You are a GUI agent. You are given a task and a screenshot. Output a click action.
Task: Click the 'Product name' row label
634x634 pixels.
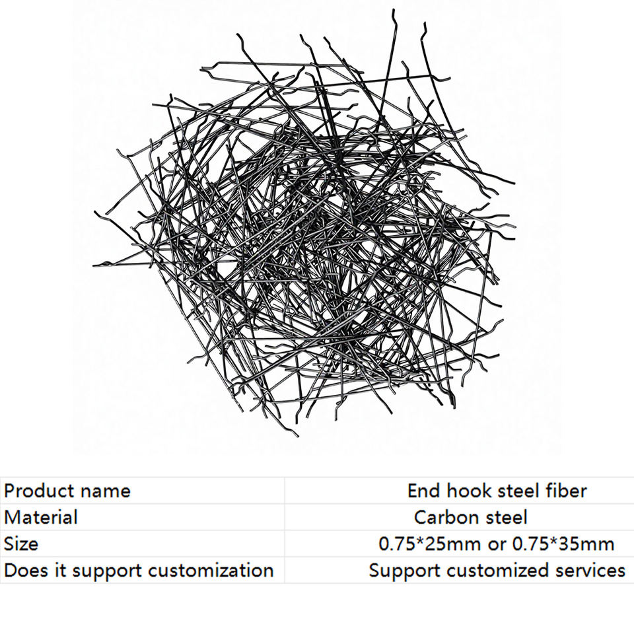click(67, 491)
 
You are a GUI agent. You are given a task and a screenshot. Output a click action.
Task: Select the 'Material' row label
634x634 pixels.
click(41, 517)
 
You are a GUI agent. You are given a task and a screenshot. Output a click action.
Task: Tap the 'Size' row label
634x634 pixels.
click(21, 544)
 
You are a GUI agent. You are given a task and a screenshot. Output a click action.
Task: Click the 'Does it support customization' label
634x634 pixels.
click(139, 570)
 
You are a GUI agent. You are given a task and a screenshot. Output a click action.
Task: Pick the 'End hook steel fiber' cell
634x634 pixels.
click(497, 491)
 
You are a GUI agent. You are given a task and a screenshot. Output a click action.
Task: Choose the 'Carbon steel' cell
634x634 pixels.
click(471, 517)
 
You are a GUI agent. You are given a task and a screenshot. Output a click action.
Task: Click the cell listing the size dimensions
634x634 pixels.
click(497, 544)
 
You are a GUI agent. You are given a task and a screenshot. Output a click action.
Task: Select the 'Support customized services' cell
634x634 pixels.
click(497, 570)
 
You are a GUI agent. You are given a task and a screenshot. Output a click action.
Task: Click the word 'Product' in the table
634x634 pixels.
click(38, 491)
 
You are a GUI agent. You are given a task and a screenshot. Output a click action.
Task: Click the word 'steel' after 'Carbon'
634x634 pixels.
click(506, 517)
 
